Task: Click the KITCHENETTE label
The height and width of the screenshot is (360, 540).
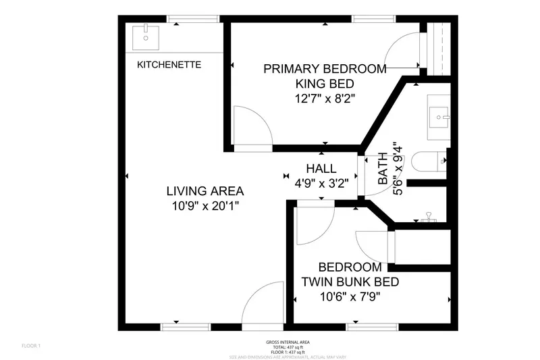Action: (x=169, y=65)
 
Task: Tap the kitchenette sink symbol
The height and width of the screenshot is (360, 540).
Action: (x=146, y=34)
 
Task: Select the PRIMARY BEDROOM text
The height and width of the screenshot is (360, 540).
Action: (x=325, y=69)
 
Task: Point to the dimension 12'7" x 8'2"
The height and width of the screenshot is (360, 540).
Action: (x=325, y=99)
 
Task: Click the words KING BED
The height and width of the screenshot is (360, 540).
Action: (x=325, y=84)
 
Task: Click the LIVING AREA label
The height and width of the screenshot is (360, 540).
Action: (x=206, y=191)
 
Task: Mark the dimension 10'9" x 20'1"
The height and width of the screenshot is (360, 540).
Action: (x=206, y=206)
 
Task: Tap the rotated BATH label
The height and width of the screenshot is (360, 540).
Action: (x=383, y=169)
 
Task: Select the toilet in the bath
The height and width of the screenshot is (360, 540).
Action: (x=432, y=161)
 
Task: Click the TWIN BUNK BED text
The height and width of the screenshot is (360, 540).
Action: (x=350, y=282)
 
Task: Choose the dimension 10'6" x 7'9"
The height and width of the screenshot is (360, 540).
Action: (x=350, y=296)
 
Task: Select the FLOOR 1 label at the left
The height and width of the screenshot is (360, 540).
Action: (x=31, y=346)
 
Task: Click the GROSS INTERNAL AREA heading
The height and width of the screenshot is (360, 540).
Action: (x=288, y=342)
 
